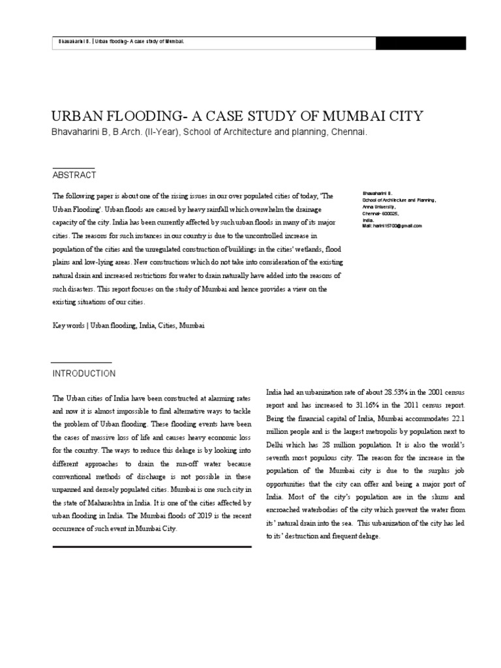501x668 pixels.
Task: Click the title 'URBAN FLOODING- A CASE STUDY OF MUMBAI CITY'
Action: click(x=237, y=116)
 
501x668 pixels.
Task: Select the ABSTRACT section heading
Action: click(x=74, y=175)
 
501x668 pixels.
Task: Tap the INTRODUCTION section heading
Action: click(x=83, y=374)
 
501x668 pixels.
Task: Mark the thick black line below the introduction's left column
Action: click(x=151, y=547)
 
